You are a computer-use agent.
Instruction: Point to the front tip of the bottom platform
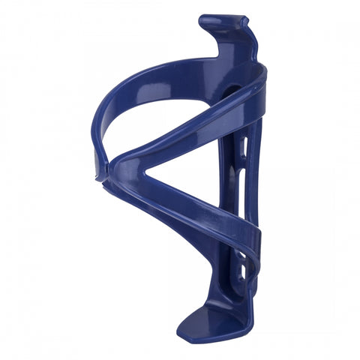coord(184,330)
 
